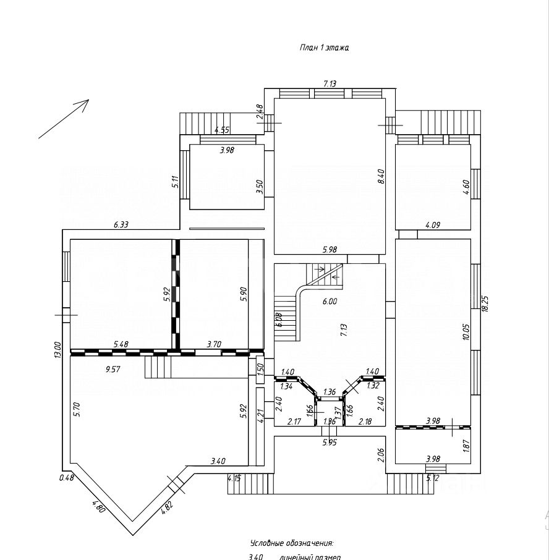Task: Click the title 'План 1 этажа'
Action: tap(324, 48)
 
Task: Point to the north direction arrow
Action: tap(64, 119)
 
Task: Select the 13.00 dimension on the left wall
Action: tap(57, 350)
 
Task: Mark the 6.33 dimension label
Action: tap(121, 225)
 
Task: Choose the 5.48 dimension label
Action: tap(121, 344)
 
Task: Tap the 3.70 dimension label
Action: tap(213, 344)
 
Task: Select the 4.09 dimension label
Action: tap(433, 225)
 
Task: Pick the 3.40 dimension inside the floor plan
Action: tap(218, 460)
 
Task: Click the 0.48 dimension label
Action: tap(66, 477)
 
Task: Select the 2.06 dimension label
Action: tap(381, 456)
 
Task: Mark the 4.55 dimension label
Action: tap(222, 130)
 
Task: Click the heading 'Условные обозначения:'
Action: tap(291, 543)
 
